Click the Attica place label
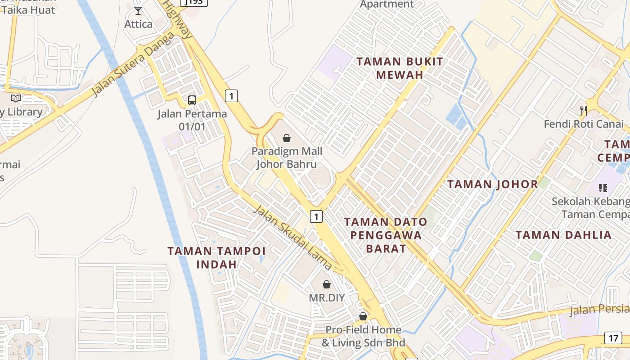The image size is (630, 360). (138, 24)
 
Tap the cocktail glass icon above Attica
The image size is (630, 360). (138, 10)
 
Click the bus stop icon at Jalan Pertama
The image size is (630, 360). (192, 100)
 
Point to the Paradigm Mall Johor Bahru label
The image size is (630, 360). (287, 157)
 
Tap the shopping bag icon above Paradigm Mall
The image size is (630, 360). (287, 138)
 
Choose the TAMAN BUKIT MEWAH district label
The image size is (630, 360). (400, 68)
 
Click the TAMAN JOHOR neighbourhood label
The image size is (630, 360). (493, 184)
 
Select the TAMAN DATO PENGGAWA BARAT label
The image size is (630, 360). (386, 235)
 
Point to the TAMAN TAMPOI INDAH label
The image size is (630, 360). (216, 257)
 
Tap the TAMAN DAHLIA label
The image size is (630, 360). (563, 235)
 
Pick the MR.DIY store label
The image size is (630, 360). (327, 297)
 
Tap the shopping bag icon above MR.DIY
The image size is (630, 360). (327, 284)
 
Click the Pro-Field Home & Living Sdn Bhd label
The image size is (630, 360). (363, 336)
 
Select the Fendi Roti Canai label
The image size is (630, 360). (584, 124)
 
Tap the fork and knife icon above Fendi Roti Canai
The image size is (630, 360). (584, 110)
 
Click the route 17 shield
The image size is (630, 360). (613, 338)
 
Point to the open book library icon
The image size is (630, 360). (16, 98)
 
